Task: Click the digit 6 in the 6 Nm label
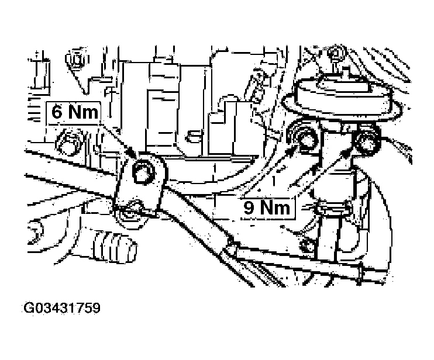click(57, 112)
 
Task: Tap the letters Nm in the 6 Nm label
click(83, 112)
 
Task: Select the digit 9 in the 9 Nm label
click(249, 207)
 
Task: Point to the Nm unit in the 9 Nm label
click(275, 207)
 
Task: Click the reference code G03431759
click(62, 308)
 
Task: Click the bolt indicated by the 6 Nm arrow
click(143, 172)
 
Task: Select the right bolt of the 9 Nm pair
click(367, 141)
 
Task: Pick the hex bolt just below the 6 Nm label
click(67, 142)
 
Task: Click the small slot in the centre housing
click(194, 136)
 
